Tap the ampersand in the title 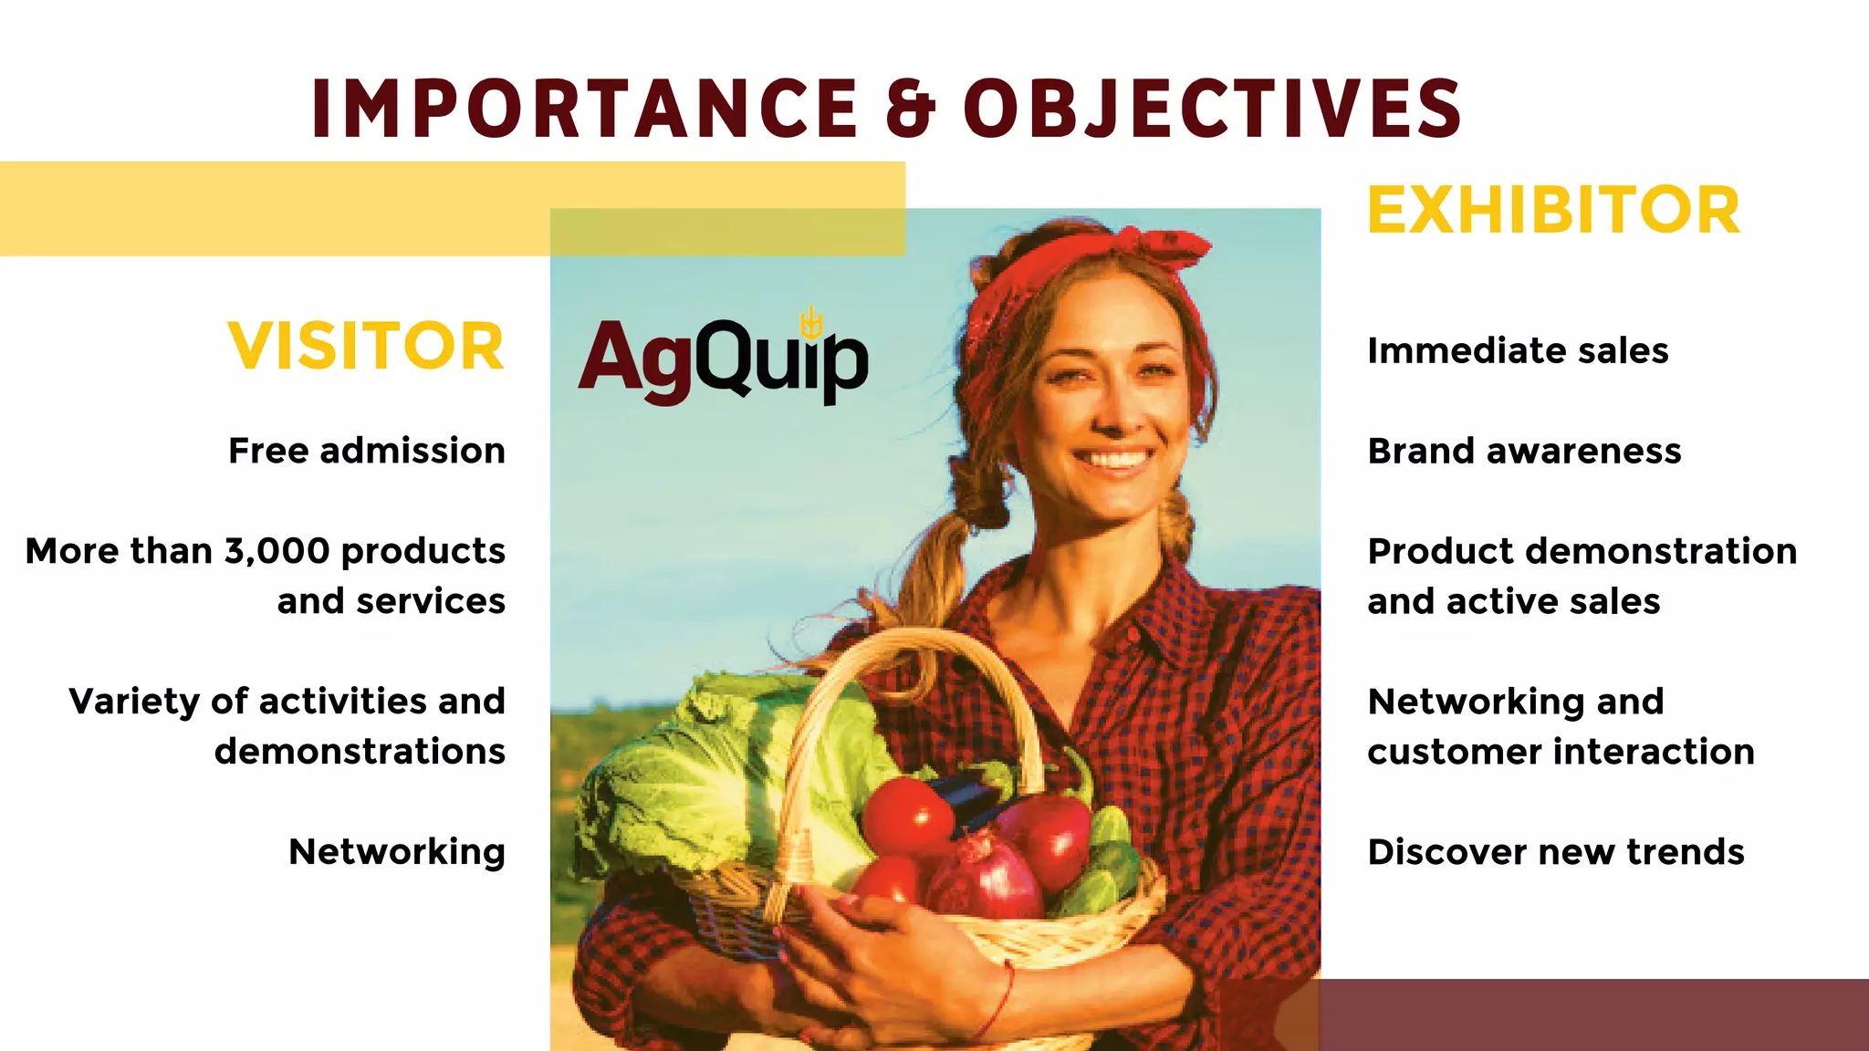(x=910, y=109)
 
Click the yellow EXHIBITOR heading (x=1553, y=211)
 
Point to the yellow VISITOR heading (x=366, y=347)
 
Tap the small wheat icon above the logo (x=811, y=322)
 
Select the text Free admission (x=366, y=451)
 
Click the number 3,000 (x=277, y=551)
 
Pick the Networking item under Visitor (x=396, y=852)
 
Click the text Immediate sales (x=1518, y=350)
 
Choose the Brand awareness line (x=1524, y=451)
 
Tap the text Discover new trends (x=1555, y=852)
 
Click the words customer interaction (x=1561, y=752)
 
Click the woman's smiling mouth (x=1114, y=457)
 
